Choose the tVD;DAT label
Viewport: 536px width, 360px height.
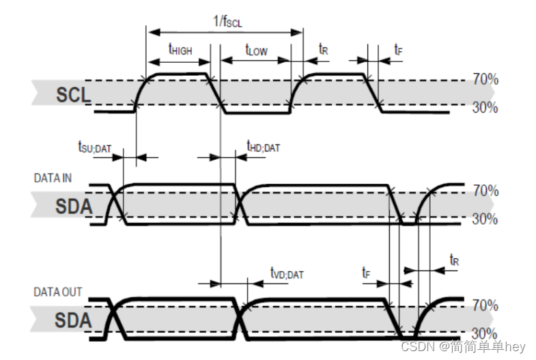(286, 273)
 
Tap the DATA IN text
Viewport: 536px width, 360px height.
(53, 178)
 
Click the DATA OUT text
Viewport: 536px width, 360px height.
(57, 292)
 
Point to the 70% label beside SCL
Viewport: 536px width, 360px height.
(485, 80)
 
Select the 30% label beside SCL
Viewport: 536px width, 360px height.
(485, 107)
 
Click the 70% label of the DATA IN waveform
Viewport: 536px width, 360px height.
(485, 191)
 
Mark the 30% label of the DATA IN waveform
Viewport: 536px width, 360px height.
(485, 219)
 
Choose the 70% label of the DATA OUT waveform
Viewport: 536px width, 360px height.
(485, 305)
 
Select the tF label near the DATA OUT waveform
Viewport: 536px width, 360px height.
(366, 272)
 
